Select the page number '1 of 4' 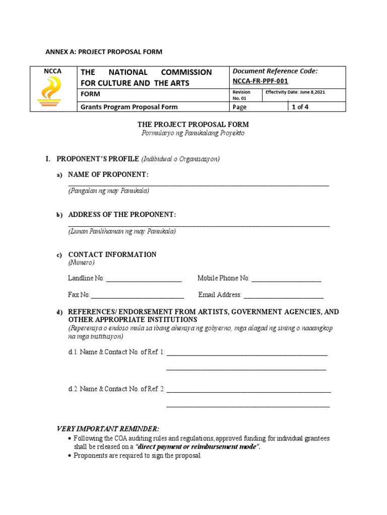[301, 107]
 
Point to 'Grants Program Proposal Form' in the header [129, 107]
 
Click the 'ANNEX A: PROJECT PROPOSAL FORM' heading [104, 52]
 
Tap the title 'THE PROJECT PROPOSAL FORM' [193, 124]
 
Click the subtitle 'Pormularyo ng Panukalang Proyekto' [193, 133]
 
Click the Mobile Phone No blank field [286, 279]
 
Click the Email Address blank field [284, 295]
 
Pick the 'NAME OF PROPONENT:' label [108, 175]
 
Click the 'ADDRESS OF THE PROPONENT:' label [122, 215]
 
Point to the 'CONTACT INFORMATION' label [112, 254]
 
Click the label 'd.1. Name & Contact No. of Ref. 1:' [116, 353]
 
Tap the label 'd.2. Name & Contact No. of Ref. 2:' [116, 389]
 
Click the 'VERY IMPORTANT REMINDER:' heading [108, 428]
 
